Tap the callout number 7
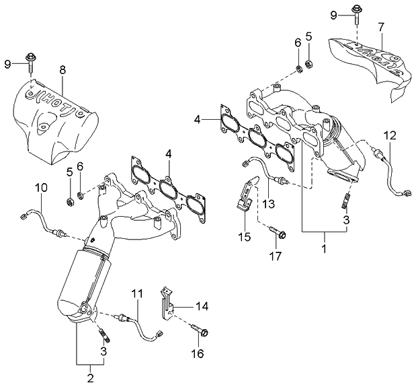[x=381, y=28]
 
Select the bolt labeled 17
[x=280, y=234]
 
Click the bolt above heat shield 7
[x=354, y=11]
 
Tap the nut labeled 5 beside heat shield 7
[x=309, y=64]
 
